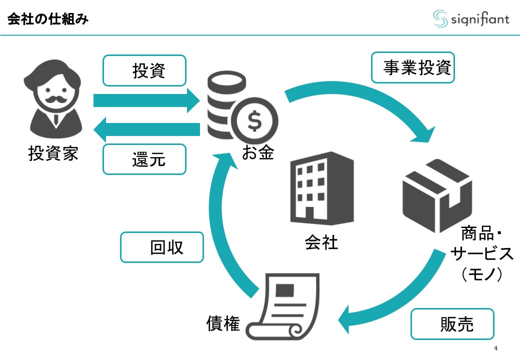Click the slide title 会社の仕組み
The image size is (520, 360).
click(48, 20)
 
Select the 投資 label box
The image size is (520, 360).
click(144, 70)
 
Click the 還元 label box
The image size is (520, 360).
click(144, 159)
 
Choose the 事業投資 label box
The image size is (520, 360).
click(412, 67)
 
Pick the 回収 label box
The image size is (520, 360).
click(162, 247)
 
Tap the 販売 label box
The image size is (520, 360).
click(452, 324)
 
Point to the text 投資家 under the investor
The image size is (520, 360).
click(53, 153)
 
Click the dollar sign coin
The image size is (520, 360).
click(255, 121)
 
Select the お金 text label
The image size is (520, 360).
click(258, 152)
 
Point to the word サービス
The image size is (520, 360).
click(481, 254)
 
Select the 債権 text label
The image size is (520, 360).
click(223, 324)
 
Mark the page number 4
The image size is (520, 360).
click(495, 348)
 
